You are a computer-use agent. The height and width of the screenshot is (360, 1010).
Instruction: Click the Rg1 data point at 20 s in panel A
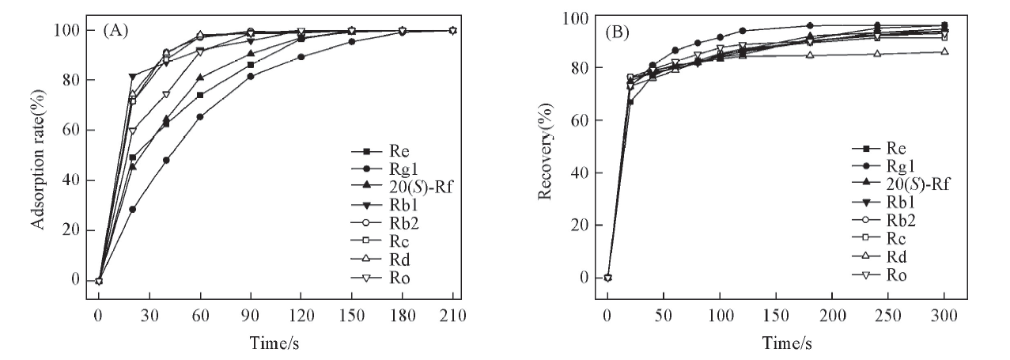[132, 209]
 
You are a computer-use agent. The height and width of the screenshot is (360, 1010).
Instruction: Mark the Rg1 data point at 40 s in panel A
[166, 160]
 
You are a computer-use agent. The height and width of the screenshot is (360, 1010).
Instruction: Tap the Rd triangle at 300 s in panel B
[944, 51]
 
